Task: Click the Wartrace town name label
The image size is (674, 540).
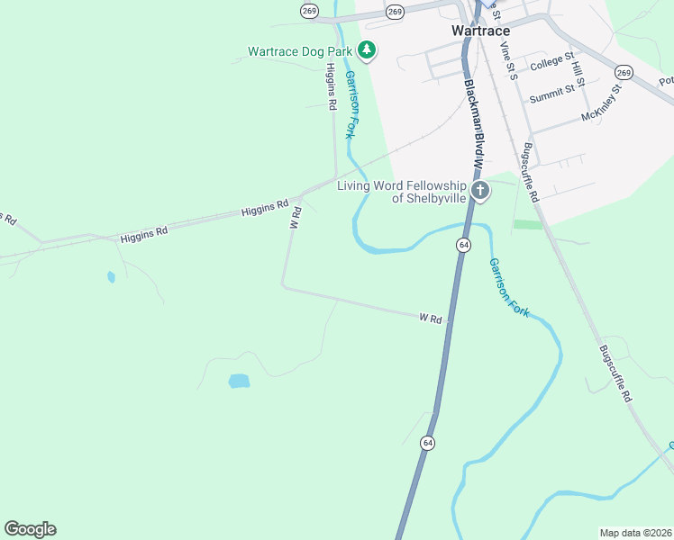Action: pos(480,30)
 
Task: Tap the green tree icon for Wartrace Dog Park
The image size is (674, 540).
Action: pos(366,50)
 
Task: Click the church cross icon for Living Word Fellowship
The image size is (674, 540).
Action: pos(480,190)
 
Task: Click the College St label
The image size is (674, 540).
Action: pos(552,62)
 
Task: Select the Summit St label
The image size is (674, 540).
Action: pos(551,93)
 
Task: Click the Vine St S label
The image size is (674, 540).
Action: pos(509,61)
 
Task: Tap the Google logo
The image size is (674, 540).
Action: pos(30,529)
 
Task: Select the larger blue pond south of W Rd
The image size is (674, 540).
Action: pos(239,381)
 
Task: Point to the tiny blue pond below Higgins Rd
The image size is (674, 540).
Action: pos(111,277)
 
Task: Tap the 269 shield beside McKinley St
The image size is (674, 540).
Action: pos(623,71)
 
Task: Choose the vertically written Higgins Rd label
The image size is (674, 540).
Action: pos(332,86)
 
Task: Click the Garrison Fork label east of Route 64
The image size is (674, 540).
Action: pos(508,287)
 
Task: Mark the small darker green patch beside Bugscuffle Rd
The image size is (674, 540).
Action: pos(529,224)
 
